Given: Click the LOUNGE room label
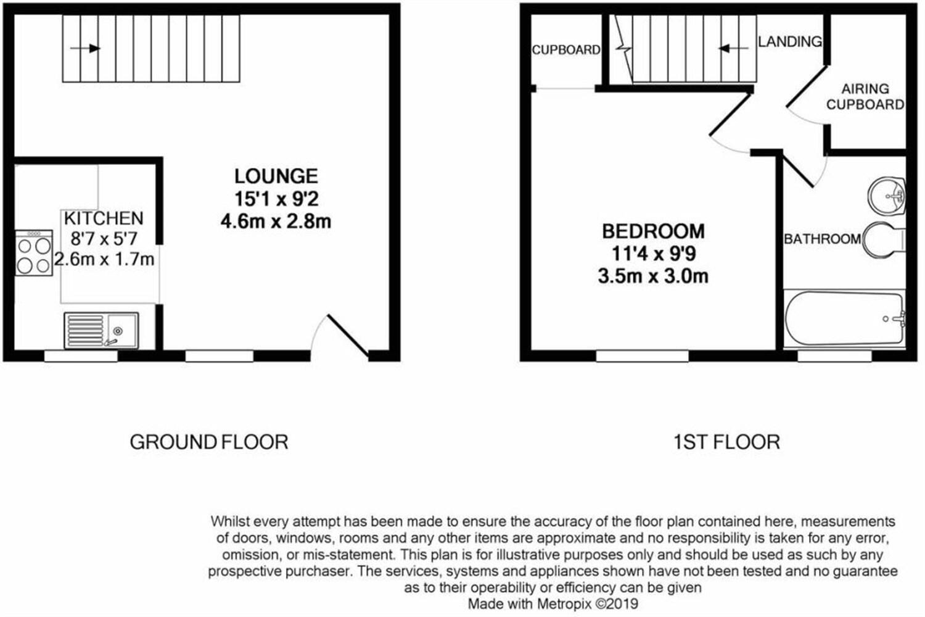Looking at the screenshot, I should click(x=276, y=176).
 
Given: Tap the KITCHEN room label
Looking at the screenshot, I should click(x=104, y=218).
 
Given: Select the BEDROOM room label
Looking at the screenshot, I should click(x=653, y=231).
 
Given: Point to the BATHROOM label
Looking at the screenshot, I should click(x=822, y=239).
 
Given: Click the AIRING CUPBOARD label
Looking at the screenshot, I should click(x=865, y=97).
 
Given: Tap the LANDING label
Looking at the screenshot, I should click(x=790, y=41).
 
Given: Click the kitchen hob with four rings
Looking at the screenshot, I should click(x=34, y=254).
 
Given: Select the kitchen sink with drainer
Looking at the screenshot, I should click(x=101, y=330).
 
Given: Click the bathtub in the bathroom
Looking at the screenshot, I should click(x=844, y=319).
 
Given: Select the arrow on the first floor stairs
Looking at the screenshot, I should click(x=733, y=48).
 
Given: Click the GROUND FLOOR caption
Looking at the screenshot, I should click(x=209, y=442).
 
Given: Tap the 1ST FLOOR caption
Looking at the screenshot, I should click(x=726, y=442).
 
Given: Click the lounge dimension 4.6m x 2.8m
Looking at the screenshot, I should click(x=276, y=221).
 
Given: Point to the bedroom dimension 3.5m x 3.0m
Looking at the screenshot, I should click(x=653, y=276).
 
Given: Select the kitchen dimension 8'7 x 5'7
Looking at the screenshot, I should click(x=104, y=238).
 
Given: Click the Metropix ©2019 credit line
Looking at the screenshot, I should click(x=553, y=603).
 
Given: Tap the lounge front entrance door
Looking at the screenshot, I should click(x=347, y=336).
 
